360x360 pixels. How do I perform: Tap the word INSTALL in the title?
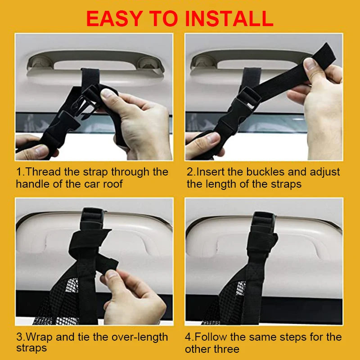[x=229, y=18]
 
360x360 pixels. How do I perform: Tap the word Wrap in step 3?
[x=40, y=337]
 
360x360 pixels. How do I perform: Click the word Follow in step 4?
[x=213, y=337]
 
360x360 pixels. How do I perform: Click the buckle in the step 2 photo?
[x=245, y=101]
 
